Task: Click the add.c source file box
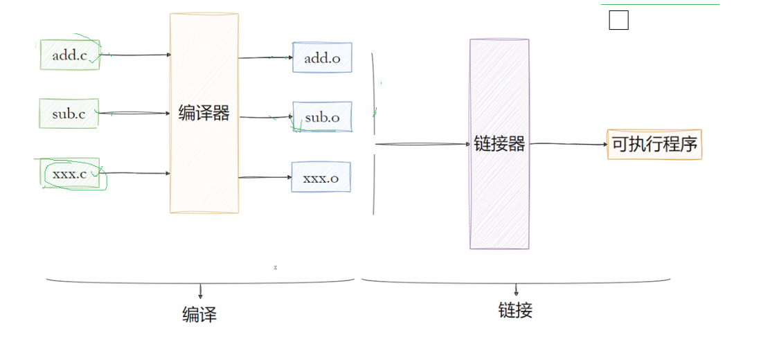click(x=70, y=55)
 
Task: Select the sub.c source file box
click(x=69, y=114)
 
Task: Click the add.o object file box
click(x=322, y=58)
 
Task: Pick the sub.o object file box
click(x=322, y=118)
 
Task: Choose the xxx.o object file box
click(x=321, y=177)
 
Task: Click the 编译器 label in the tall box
click(x=204, y=114)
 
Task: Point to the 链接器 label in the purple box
click(x=499, y=144)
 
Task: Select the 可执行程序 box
click(x=654, y=145)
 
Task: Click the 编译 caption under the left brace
click(x=199, y=315)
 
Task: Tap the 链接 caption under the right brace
click(x=515, y=310)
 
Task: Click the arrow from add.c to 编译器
click(x=136, y=55)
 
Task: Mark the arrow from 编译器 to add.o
click(x=265, y=58)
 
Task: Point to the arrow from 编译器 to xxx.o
click(x=265, y=177)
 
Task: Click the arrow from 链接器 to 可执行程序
click(x=568, y=144)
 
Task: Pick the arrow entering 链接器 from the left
click(x=422, y=144)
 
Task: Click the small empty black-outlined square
click(x=618, y=21)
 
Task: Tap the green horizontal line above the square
click(x=659, y=5)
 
